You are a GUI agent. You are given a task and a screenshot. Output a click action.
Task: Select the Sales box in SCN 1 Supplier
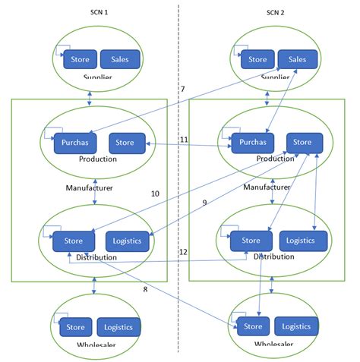point(119,59)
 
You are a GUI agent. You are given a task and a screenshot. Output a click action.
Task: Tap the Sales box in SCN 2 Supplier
point(297,59)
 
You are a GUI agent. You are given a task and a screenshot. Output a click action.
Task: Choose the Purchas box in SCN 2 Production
point(251,142)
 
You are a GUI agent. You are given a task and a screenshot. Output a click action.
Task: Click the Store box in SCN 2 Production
point(302,141)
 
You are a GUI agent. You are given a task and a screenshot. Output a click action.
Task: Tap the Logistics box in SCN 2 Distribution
point(303,241)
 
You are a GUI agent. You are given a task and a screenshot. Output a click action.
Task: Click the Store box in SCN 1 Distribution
point(74,241)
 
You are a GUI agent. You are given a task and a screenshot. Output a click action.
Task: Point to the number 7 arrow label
point(182,90)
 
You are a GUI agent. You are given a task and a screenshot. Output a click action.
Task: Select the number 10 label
point(155,194)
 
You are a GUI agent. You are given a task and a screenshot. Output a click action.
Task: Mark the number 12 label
point(183,251)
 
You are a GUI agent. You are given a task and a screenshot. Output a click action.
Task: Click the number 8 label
point(144,289)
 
